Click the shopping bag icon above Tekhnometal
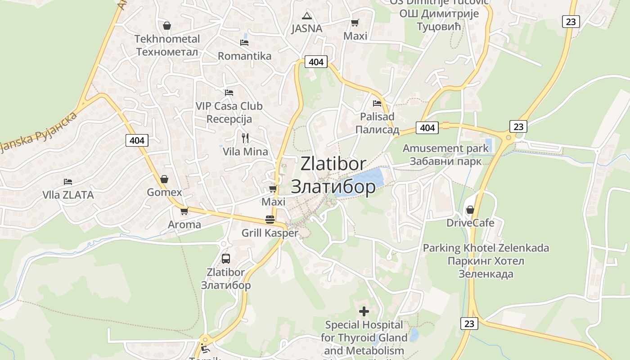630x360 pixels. click(x=167, y=26)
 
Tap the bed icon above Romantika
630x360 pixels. click(x=244, y=43)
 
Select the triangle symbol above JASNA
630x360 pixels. click(x=307, y=16)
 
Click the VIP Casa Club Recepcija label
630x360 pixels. click(x=229, y=112)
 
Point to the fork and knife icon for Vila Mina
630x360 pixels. click(x=245, y=138)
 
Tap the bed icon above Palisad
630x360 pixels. click(x=377, y=103)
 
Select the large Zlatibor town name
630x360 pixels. click(x=333, y=175)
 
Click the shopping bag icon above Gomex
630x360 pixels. click(x=164, y=179)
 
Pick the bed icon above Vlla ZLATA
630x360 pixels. click(x=68, y=182)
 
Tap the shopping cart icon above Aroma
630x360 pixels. click(x=184, y=211)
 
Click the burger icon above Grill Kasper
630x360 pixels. click(x=270, y=220)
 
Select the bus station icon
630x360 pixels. click(x=226, y=259)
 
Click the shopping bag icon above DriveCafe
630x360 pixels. click(x=470, y=210)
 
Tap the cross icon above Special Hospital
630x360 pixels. click(x=364, y=311)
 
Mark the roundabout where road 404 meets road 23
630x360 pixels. click(x=508, y=138)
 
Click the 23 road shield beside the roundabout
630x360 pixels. click(x=518, y=127)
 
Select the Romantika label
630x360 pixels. click(x=244, y=56)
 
